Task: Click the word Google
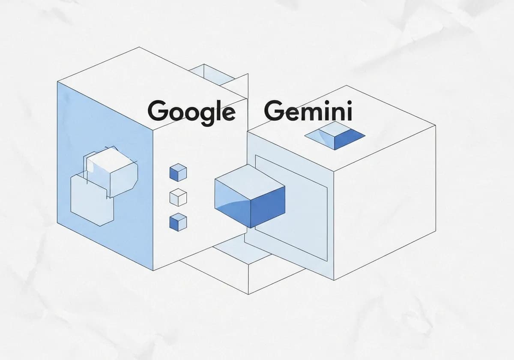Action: tap(191, 112)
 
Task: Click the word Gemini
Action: tap(308, 111)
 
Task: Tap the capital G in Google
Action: tap(158, 111)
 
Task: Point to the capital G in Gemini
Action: tap(275, 111)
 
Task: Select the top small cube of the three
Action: tap(178, 172)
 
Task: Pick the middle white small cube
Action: tap(178, 198)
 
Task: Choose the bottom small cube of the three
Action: tap(178, 222)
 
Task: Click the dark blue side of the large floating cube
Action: tap(268, 207)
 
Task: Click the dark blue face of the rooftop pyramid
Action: tap(349, 139)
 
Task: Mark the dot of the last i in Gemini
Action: tap(350, 102)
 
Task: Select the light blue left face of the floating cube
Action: tap(232, 203)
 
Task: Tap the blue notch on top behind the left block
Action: tap(212, 75)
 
